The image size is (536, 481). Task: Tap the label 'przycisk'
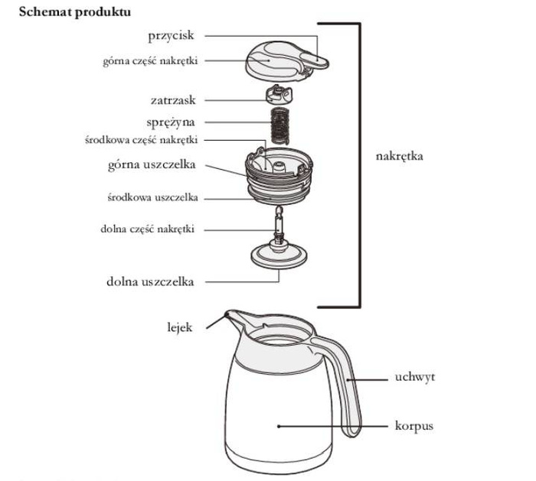(x=172, y=35)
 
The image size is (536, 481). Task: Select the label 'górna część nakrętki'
(x=149, y=60)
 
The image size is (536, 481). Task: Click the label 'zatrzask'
(x=173, y=99)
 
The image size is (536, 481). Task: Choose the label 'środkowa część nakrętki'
(x=142, y=140)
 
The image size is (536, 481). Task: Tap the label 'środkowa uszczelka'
(x=152, y=197)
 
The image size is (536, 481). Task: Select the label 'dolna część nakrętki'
(x=148, y=229)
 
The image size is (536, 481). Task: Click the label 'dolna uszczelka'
(x=150, y=281)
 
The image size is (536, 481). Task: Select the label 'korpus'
(x=416, y=425)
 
